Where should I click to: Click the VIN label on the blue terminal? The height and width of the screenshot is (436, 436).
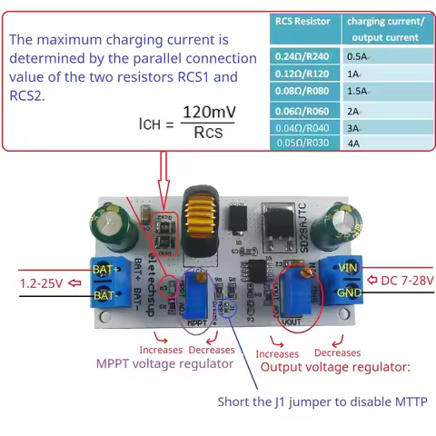[x=347, y=268]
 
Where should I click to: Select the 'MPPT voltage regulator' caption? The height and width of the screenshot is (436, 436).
[x=164, y=363]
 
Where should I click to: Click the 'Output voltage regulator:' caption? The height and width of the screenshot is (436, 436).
[x=335, y=367]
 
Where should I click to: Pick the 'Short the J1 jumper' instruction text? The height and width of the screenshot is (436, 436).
[x=322, y=401]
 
